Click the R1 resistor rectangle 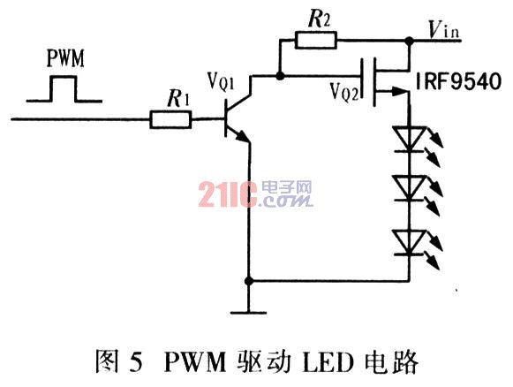pyautogui.click(x=170, y=119)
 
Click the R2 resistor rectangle pyautogui.click(x=316, y=41)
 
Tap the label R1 pyautogui.click(x=178, y=98)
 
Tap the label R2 pyautogui.click(x=319, y=19)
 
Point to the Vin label pyautogui.click(x=444, y=29)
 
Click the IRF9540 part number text pyautogui.click(x=458, y=81)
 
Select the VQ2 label pyautogui.click(x=344, y=92)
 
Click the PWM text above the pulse pyautogui.click(x=65, y=58)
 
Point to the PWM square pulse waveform pyautogui.click(x=64, y=89)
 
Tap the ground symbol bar pyautogui.click(x=249, y=313)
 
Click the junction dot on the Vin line pyautogui.click(x=409, y=41)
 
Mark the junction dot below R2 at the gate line pyautogui.click(x=280, y=76)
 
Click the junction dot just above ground pyautogui.click(x=249, y=281)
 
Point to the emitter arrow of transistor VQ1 pyautogui.click(x=242, y=137)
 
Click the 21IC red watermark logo pyautogui.click(x=228, y=194)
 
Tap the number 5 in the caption pyautogui.click(x=136, y=362)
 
